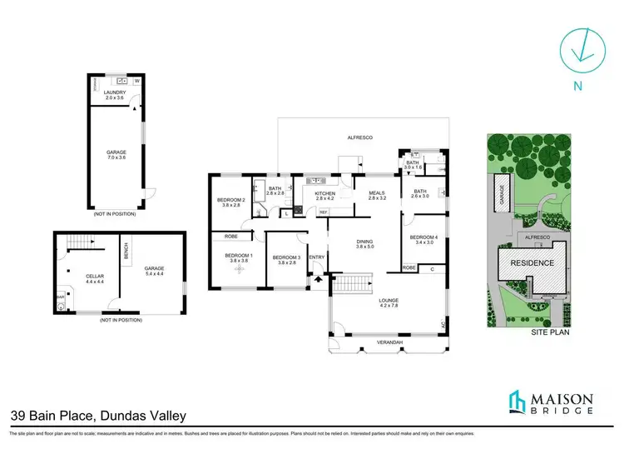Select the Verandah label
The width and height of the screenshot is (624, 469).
tap(390, 342)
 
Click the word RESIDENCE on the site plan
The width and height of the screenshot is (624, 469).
tap(532, 263)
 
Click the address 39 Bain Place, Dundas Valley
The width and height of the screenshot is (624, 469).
tap(97, 415)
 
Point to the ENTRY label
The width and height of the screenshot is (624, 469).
tap(316, 257)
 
